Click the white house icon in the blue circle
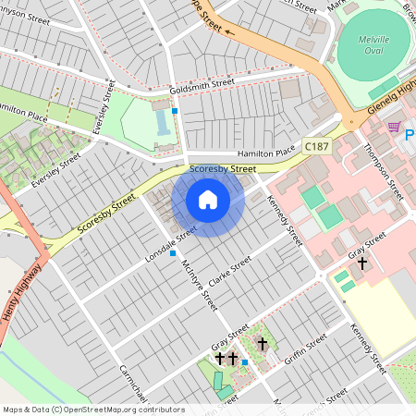(x=208, y=199)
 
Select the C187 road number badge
(x=316, y=146)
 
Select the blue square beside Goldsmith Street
(x=175, y=109)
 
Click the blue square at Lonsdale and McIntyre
(x=172, y=253)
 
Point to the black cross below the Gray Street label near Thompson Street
(x=361, y=264)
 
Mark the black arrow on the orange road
(x=228, y=31)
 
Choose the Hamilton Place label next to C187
(x=264, y=153)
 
